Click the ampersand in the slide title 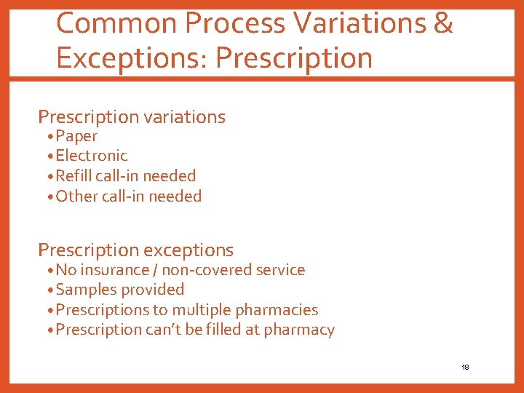click(x=442, y=23)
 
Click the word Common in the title click(x=117, y=23)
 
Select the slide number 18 click(x=465, y=368)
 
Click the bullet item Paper click(x=76, y=136)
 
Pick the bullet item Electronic click(x=91, y=156)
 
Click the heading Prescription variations click(x=132, y=116)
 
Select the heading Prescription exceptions click(x=135, y=250)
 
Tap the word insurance click(x=116, y=270)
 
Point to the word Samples click(x=85, y=290)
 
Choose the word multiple click(x=199, y=310)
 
